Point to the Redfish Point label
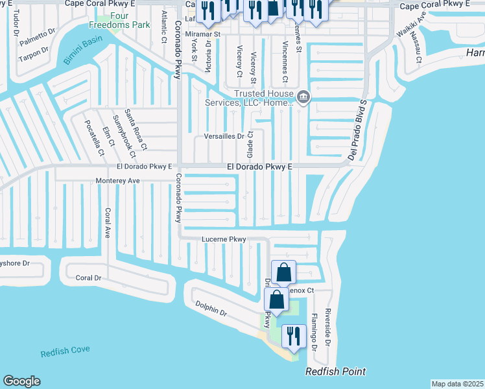pos(336,371)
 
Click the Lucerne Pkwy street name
pos(224,239)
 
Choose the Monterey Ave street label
pos(117,180)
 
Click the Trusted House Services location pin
pos(303,98)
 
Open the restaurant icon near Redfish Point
pos(293,336)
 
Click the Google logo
pos(21,381)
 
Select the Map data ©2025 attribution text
pos(457,384)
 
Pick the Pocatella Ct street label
pos(95,137)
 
